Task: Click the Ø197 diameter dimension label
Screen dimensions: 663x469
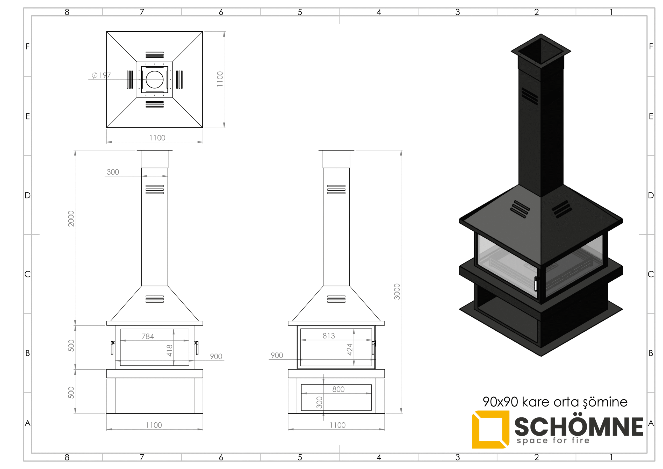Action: [101, 75]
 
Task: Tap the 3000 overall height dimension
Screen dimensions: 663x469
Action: [397, 292]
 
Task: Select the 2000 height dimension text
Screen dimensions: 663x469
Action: [71, 219]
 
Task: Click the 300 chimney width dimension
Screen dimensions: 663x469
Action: [113, 172]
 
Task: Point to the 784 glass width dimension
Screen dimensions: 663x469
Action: [148, 336]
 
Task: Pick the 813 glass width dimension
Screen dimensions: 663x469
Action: [329, 336]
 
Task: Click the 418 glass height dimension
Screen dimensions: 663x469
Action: [169, 351]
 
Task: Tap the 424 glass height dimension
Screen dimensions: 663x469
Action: [350, 350]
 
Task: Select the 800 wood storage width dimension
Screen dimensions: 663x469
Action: [338, 389]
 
